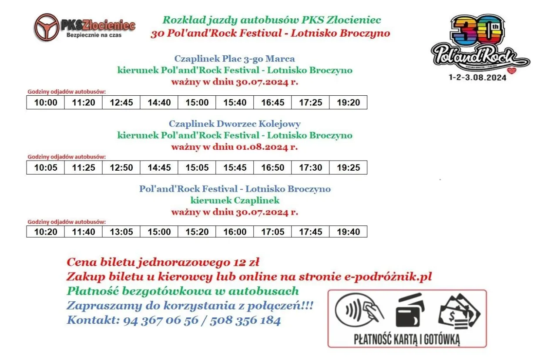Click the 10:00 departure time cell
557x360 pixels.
[x=46, y=103]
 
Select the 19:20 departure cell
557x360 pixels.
[x=348, y=103]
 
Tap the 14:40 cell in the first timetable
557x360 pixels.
[x=159, y=103]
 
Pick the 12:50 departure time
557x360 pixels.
[x=121, y=168]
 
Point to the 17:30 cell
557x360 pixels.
[x=311, y=168]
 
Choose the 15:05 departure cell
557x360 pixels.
[x=197, y=168]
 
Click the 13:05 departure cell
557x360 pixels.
[x=121, y=232]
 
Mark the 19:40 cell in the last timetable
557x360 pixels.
[x=348, y=232]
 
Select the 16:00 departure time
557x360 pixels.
[x=235, y=232]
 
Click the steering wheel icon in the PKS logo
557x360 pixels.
[x=47, y=27]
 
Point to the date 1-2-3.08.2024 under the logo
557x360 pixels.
[x=477, y=78]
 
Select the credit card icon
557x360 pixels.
[x=409, y=310]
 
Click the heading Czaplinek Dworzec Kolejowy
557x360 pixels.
[x=235, y=124]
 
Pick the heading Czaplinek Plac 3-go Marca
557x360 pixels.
[x=235, y=59]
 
